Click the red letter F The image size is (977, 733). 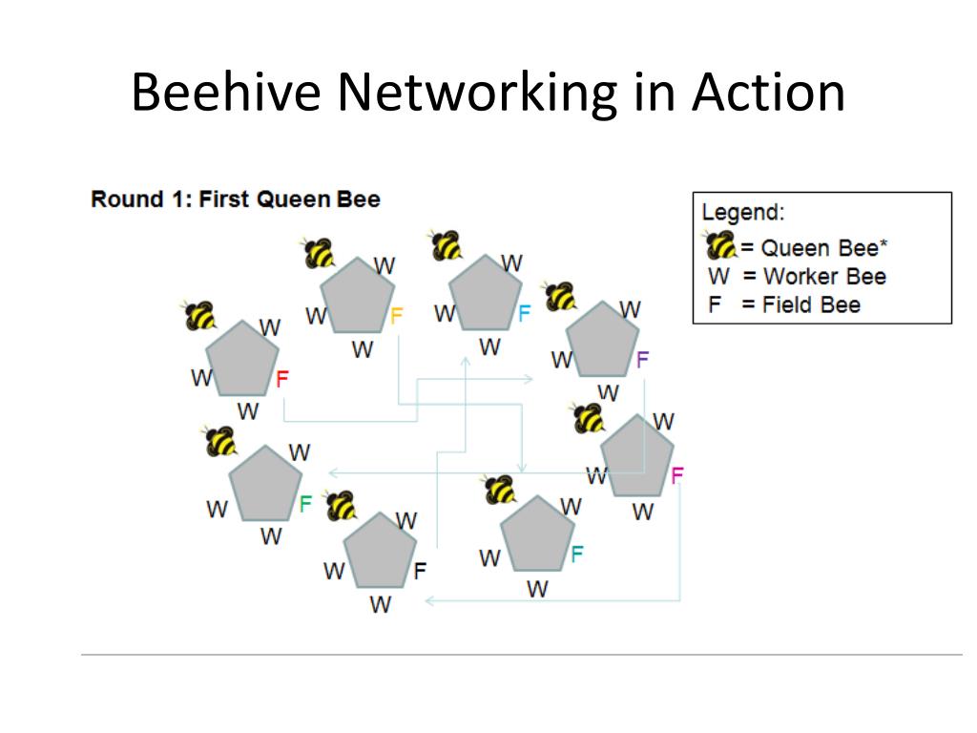[x=281, y=379]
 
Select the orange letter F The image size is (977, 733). [x=397, y=316]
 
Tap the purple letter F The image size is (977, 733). [x=642, y=360]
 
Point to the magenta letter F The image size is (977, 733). [x=677, y=474]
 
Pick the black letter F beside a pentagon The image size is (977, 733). [x=420, y=572]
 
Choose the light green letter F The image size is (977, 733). [x=305, y=503]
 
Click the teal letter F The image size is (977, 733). [x=576, y=554]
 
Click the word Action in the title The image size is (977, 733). [x=767, y=94]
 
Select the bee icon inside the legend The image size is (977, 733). [x=721, y=246]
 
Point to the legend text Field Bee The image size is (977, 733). [x=811, y=305]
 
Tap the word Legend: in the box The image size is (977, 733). [x=743, y=213]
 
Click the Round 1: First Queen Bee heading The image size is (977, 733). [x=236, y=199]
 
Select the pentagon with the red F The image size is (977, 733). [x=241, y=360]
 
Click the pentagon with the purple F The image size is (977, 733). [x=602, y=342]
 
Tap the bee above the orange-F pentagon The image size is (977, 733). [x=320, y=253]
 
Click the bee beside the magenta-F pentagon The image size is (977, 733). [x=589, y=417]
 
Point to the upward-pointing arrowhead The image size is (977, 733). [x=466, y=361]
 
